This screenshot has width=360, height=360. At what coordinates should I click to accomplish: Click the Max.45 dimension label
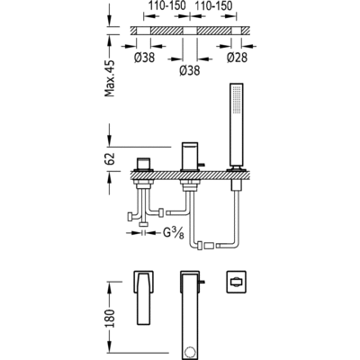(x=110, y=78)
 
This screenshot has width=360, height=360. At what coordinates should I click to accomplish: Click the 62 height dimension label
(x=110, y=158)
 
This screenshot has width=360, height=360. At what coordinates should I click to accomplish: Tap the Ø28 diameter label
(x=237, y=58)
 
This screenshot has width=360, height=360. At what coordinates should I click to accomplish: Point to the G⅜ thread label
(x=174, y=233)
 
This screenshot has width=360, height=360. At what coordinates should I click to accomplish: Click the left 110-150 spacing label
(x=167, y=5)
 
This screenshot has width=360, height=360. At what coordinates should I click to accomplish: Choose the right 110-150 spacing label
(x=213, y=5)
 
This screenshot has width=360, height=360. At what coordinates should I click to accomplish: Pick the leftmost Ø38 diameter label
(x=144, y=58)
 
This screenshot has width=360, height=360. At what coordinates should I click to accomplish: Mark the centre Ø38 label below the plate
(x=190, y=70)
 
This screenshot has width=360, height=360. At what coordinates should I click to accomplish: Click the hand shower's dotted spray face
(x=238, y=100)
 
